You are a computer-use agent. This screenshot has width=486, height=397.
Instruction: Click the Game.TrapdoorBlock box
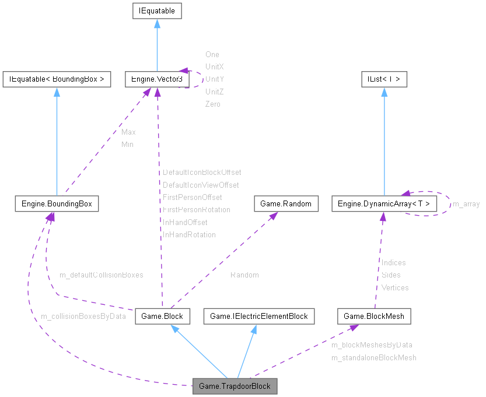click(235, 386)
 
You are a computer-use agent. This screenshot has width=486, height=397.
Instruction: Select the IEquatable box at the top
click(157, 10)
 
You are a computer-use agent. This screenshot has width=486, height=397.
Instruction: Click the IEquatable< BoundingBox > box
click(56, 79)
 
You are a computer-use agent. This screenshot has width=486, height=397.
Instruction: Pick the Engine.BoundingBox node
click(56, 203)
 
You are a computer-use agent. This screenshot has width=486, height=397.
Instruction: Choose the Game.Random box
click(286, 203)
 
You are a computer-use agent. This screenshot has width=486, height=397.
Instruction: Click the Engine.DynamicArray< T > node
click(384, 203)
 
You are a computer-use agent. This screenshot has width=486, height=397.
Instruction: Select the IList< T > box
click(383, 79)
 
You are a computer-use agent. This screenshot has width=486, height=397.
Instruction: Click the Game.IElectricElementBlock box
click(258, 316)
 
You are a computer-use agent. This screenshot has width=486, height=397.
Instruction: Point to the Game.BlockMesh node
click(374, 316)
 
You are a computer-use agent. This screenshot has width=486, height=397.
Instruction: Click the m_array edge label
click(466, 204)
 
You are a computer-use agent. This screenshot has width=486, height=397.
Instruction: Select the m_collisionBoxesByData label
click(83, 316)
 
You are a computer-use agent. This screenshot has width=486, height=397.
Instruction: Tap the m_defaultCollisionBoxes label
click(101, 275)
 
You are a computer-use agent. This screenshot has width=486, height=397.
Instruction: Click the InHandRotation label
click(189, 235)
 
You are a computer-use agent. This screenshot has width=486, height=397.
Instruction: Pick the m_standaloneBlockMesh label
click(373, 357)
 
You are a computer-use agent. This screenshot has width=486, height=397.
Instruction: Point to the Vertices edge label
click(395, 287)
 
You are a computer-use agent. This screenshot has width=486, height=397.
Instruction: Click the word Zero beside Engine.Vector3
click(213, 104)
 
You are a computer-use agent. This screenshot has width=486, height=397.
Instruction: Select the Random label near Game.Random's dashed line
click(244, 275)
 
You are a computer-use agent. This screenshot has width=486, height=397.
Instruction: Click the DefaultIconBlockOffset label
click(201, 173)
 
